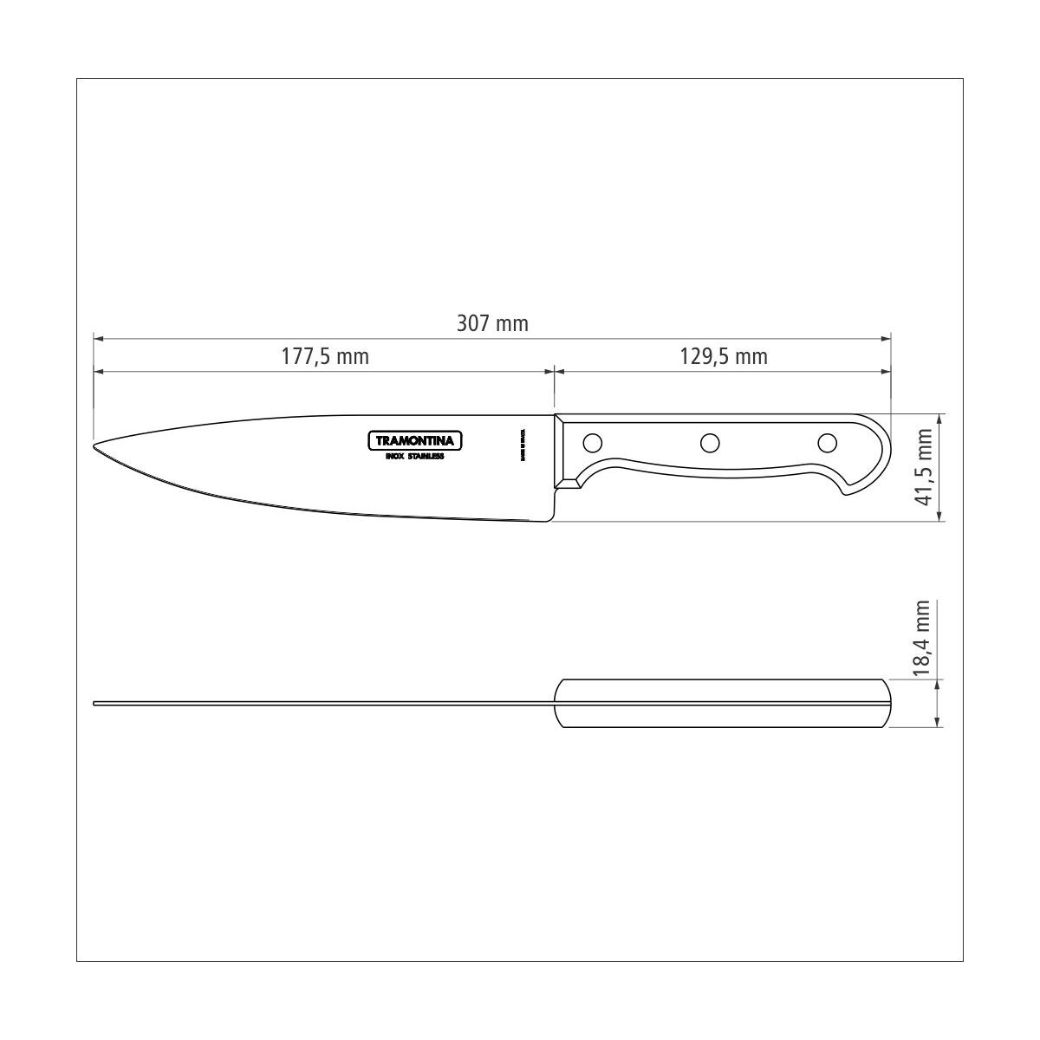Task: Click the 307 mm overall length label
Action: coord(492,324)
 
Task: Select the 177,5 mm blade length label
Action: coord(325,356)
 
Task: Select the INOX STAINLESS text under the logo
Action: coord(415,456)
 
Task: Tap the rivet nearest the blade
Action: coord(593,443)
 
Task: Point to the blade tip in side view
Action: coord(95,447)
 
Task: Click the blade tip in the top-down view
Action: coord(95,704)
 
